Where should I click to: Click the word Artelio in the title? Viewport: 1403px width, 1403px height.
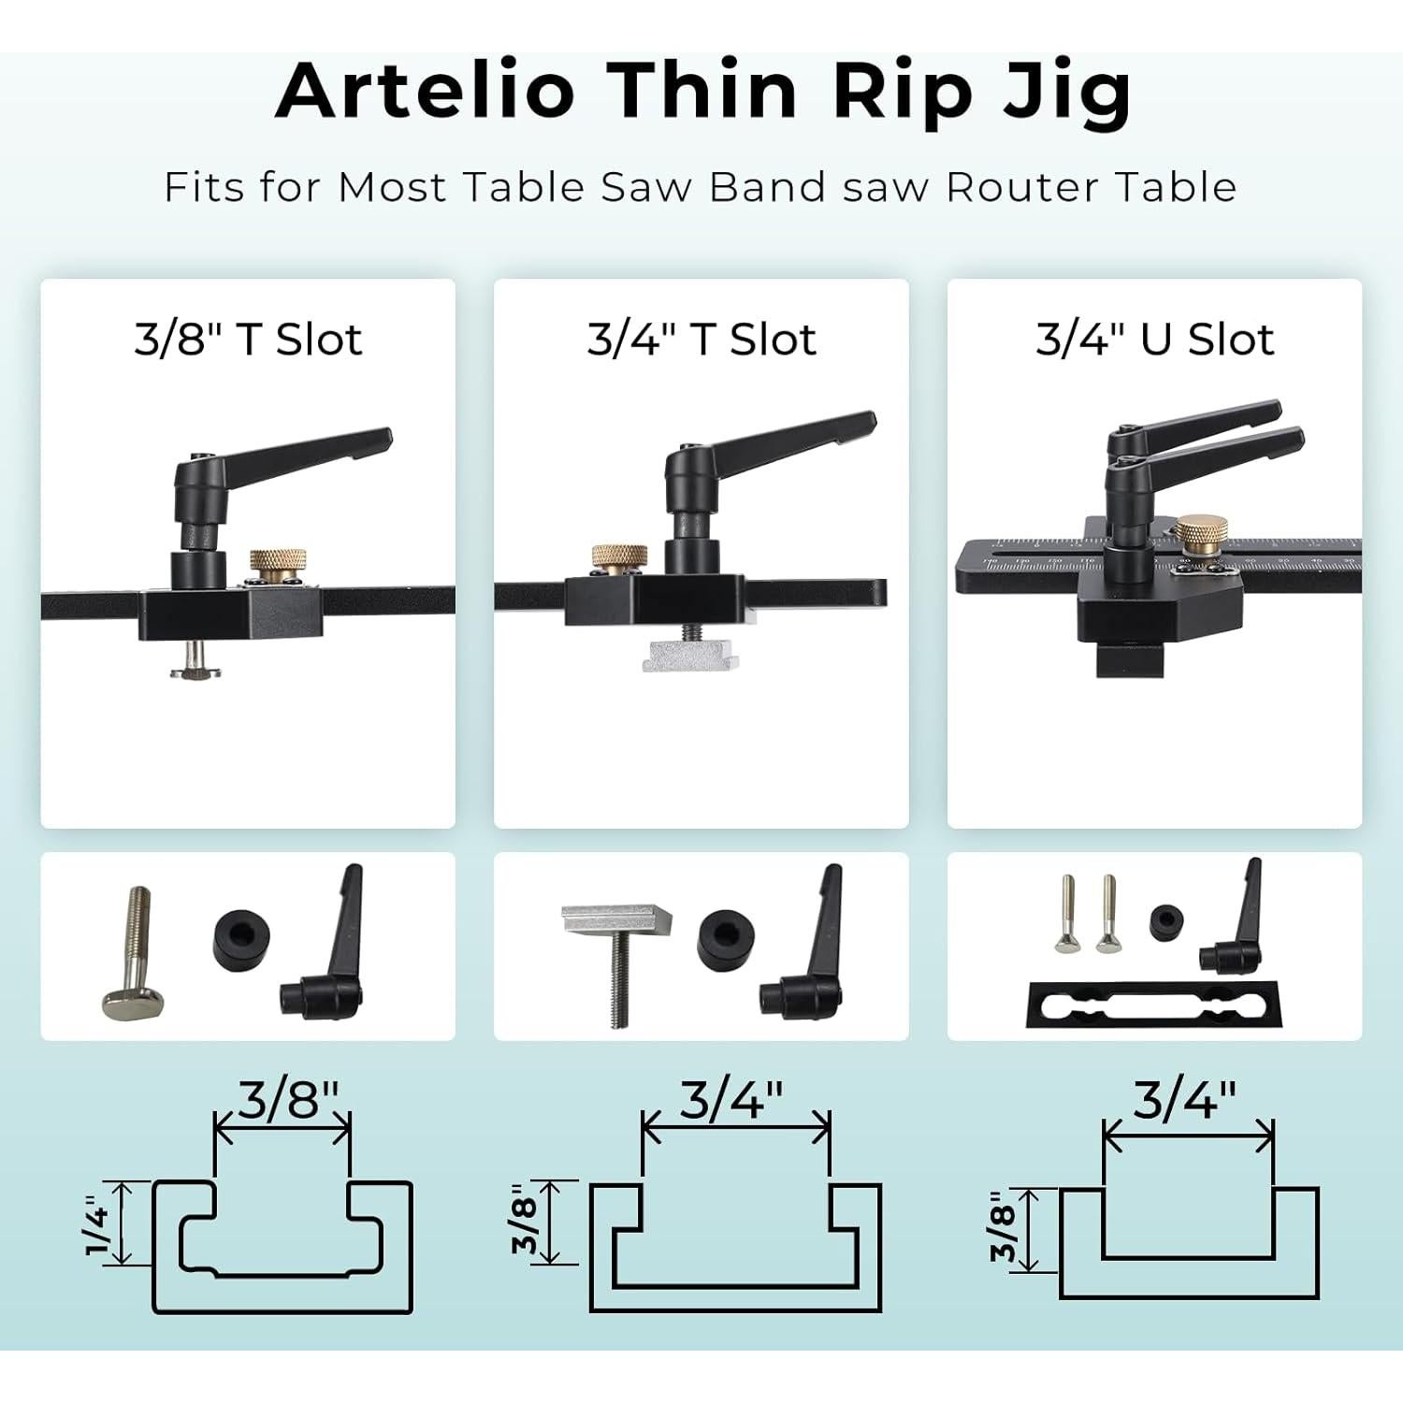tap(426, 90)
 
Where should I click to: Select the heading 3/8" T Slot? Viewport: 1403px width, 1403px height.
tap(248, 339)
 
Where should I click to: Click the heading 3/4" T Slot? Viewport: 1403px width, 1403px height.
tap(701, 339)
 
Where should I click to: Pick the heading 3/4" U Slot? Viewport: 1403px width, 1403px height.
tap(1155, 339)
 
